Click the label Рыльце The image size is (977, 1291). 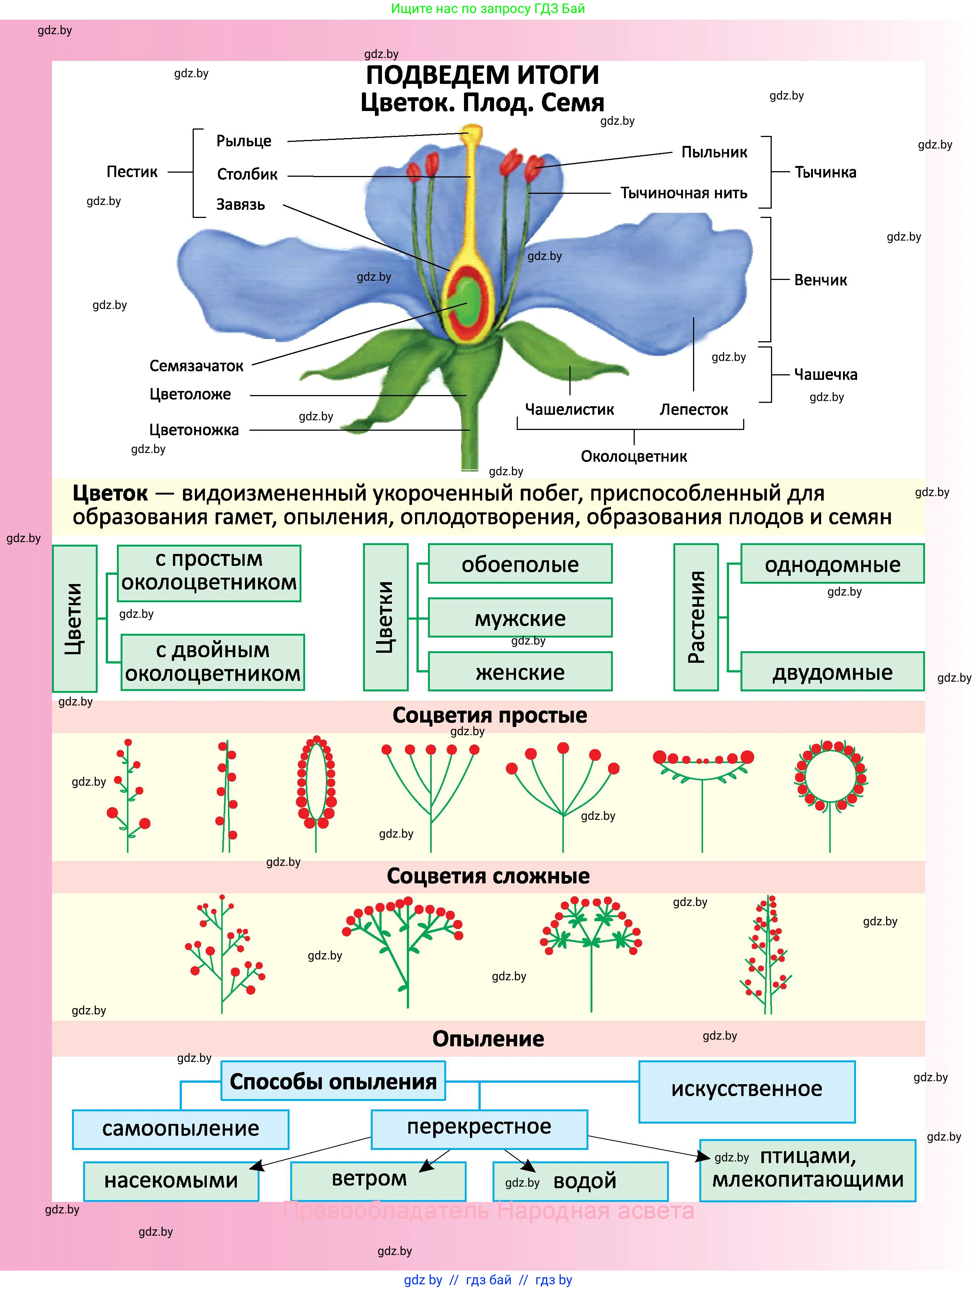pyautogui.click(x=244, y=141)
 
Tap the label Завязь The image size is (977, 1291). pyautogui.click(x=241, y=205)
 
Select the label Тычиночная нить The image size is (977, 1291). pyautogui.click(x=683, y=193)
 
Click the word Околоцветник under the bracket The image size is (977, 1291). pyautogui.click(x=633, y=456)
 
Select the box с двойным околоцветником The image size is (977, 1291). pyautogui.click(x=212, y=662)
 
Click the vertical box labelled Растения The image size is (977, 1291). pyautogui.click(x=696, y=617)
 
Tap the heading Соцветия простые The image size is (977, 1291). pyautogui.click(x=489, y=715)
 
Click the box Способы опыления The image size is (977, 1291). pyautogui.click(x=333, y=1082)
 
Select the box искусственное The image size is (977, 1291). pyautogui.click(x=746, y=1089)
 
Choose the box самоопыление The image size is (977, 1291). pyautogui.click(x=180, y=1129)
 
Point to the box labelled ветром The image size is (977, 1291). pyautogui.click(x=369, y=1178)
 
